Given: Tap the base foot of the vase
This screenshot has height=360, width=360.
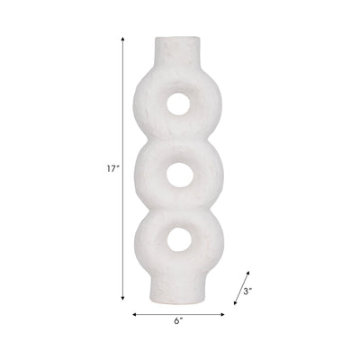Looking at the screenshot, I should click(x=177, y=290).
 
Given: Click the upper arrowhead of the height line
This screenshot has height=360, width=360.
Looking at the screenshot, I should click(x=122, y=40).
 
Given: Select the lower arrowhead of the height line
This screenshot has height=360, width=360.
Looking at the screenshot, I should click(x=122, y=298).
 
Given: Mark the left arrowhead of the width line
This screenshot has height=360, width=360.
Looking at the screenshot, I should click(x=135, y=314).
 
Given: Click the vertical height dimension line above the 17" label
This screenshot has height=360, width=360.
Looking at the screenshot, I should click(x=122, y=99).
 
